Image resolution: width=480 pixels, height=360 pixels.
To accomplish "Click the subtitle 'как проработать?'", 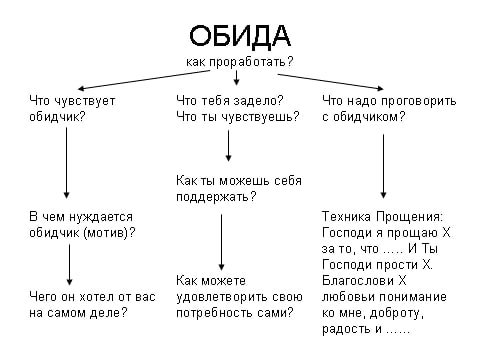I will pos(239,62).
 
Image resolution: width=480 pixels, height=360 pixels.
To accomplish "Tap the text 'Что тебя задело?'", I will pos(229,101).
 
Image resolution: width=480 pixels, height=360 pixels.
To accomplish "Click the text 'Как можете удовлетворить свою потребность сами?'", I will pos(238,296).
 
